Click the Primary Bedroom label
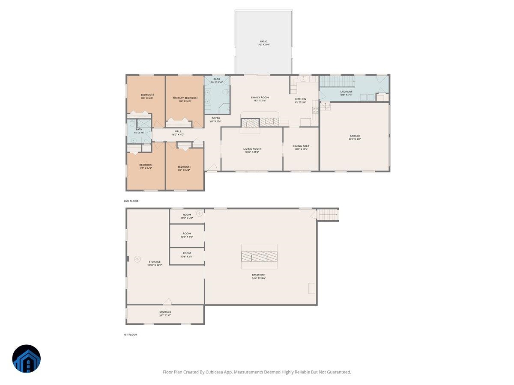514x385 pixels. (x=185, y=98)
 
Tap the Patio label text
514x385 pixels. (x=263, y=41)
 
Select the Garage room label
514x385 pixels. (x=355, y=136)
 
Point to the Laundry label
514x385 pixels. (x=346, y=92)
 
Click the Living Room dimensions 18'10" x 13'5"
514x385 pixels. (x=252, y=152)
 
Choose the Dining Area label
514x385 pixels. (x=301, y=146)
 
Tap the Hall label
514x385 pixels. (x=178, y=131)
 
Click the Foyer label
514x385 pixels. (x=215, y=118)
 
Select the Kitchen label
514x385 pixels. (x=301, y=99)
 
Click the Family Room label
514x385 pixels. (x=260, y=98)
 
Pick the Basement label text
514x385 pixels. (x=259, y=275)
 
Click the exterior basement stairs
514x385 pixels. (x=328, y=214)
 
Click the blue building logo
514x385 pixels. (x=27, y=358)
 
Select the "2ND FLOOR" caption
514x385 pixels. (x=131, y=201)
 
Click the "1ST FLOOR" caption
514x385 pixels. (x=131, y=335)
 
